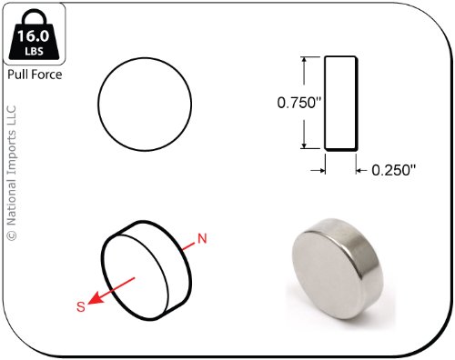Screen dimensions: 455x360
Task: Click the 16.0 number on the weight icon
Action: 33,35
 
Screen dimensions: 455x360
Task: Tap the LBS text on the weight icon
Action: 34,51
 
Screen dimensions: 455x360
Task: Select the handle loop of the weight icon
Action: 34,17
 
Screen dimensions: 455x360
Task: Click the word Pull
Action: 17,75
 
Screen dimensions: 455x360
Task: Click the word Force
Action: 46,75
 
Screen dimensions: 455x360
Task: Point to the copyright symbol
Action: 12,235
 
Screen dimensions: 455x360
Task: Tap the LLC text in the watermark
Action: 12,115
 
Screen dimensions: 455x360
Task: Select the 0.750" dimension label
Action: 298,103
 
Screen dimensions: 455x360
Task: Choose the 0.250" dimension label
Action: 393,170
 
